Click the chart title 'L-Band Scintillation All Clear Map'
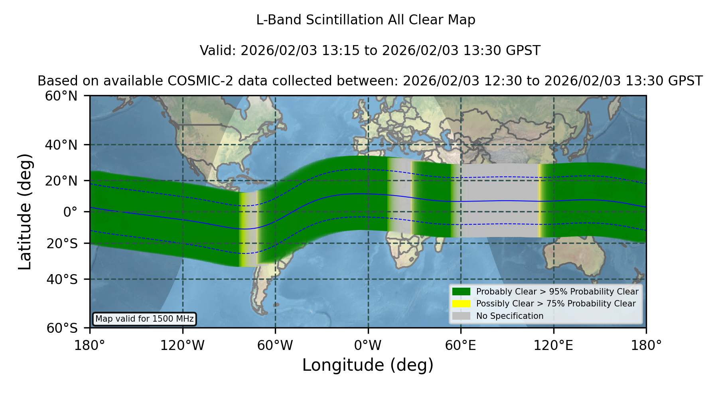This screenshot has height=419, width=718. coord(365,20)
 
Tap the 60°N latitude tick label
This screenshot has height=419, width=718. coord(61,96)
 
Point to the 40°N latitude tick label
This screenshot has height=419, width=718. coord(61,145)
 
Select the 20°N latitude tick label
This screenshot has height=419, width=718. coord(61,180)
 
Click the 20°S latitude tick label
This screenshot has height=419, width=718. coord(62,243)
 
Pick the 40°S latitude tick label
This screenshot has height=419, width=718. coord(62,279)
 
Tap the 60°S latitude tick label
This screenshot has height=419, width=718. coord(62,328)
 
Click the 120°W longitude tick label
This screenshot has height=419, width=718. coord(182,346)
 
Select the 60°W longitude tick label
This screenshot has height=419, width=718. coord(275,346)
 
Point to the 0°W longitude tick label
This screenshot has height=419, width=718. coord(368,346)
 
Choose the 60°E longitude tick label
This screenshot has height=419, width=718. coord(461,346)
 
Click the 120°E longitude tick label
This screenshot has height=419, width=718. coord(554,346)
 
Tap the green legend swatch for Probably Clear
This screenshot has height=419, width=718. coord(462,292)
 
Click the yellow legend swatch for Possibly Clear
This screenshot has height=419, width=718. coord(462,304)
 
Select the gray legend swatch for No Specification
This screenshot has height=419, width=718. coord(462,316)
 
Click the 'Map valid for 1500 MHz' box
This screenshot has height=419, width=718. coord(144,319)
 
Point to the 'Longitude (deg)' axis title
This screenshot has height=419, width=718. coord(368,366)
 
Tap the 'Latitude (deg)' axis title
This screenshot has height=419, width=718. coord(25,211)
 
